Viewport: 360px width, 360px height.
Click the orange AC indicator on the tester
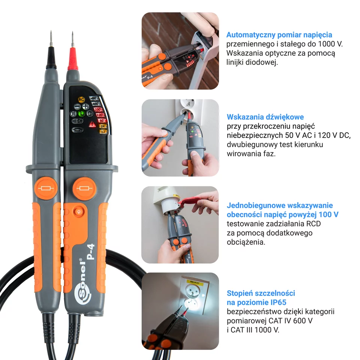[x=81, y=99]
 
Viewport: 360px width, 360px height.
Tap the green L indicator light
[x=81, y=113]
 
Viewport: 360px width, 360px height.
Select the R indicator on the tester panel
[x=73, y=114]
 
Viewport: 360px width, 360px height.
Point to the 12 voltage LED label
[x=102, y=132]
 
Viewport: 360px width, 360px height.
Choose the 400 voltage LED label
[x=96, y=104]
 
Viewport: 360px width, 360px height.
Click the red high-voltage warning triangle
[x=91, y=124]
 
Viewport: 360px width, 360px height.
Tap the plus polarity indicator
[x=86, y=106]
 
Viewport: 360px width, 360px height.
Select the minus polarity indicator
[x=77, y=106]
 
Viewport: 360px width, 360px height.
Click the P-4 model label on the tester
[x=90, y=252]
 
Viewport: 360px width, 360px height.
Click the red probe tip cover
[x=72, y=60]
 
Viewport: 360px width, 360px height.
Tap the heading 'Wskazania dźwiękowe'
[x=265, y=117]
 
